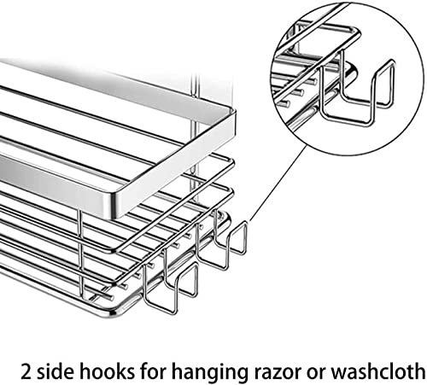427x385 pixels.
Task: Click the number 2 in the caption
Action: (26, 371)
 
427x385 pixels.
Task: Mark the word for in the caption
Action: (153, 370)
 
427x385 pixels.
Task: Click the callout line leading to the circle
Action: (278, 183)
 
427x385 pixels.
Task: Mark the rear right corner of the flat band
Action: (231, 112)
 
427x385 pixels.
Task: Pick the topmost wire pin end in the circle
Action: (313, 82)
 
